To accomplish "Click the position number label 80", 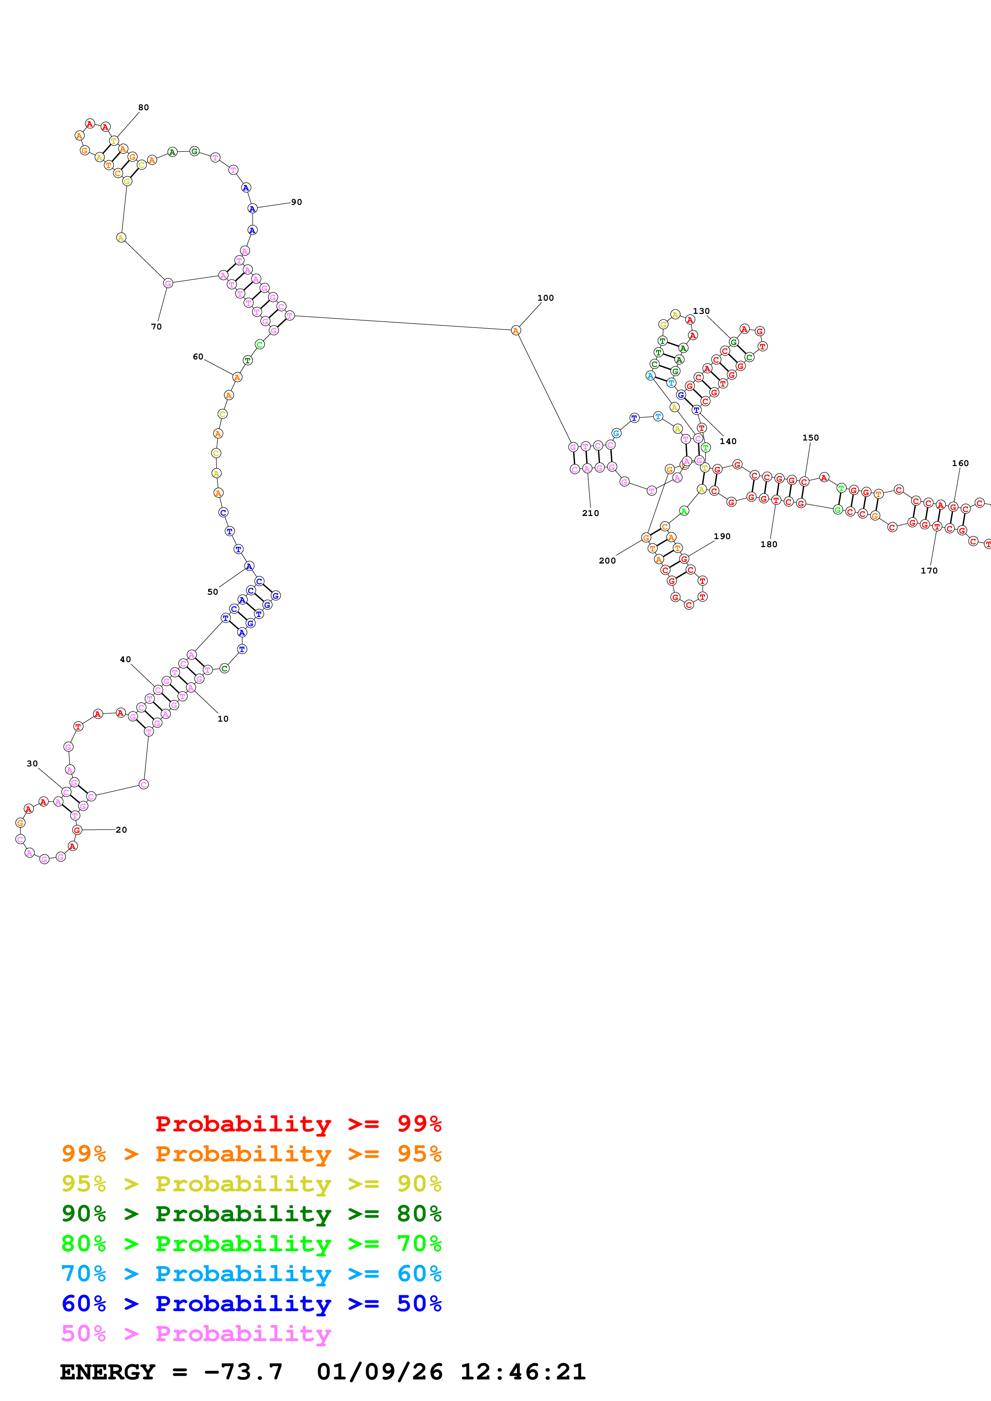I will pyautogui.click(x=144, y=107).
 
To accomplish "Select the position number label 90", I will pyautogui.click(x=296, y=202).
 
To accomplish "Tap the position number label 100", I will pyautogui.click(x=545, y=298).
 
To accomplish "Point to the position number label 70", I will pyautogui.click(x=156, y=326).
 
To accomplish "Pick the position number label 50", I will pyautogui.click(x=213, y=591).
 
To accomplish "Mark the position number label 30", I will pyautogui.click(x=32, y=763).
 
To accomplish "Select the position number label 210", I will pyautogui.click(x=590, y=513).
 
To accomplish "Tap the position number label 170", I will pyautogui.click(x=929, y=571).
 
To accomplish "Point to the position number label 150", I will pyautogui.click(x=810, y=437).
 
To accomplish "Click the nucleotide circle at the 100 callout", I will pyautogui.click(x=515, y=330).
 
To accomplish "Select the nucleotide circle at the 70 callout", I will pyautogui.click(x=168, y=283).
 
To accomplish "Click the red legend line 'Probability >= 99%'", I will pyautogui.click(x=298, y=1123).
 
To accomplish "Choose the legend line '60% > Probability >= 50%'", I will pyautogui.click(x=251, y=1304).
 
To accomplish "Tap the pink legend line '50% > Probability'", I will pyautogui.click(x=196, y=1333).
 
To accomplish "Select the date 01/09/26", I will pyautogui.click(x=379, y=1372).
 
